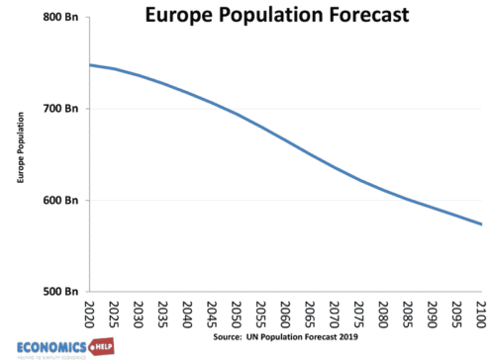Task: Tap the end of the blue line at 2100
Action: point(481,225)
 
